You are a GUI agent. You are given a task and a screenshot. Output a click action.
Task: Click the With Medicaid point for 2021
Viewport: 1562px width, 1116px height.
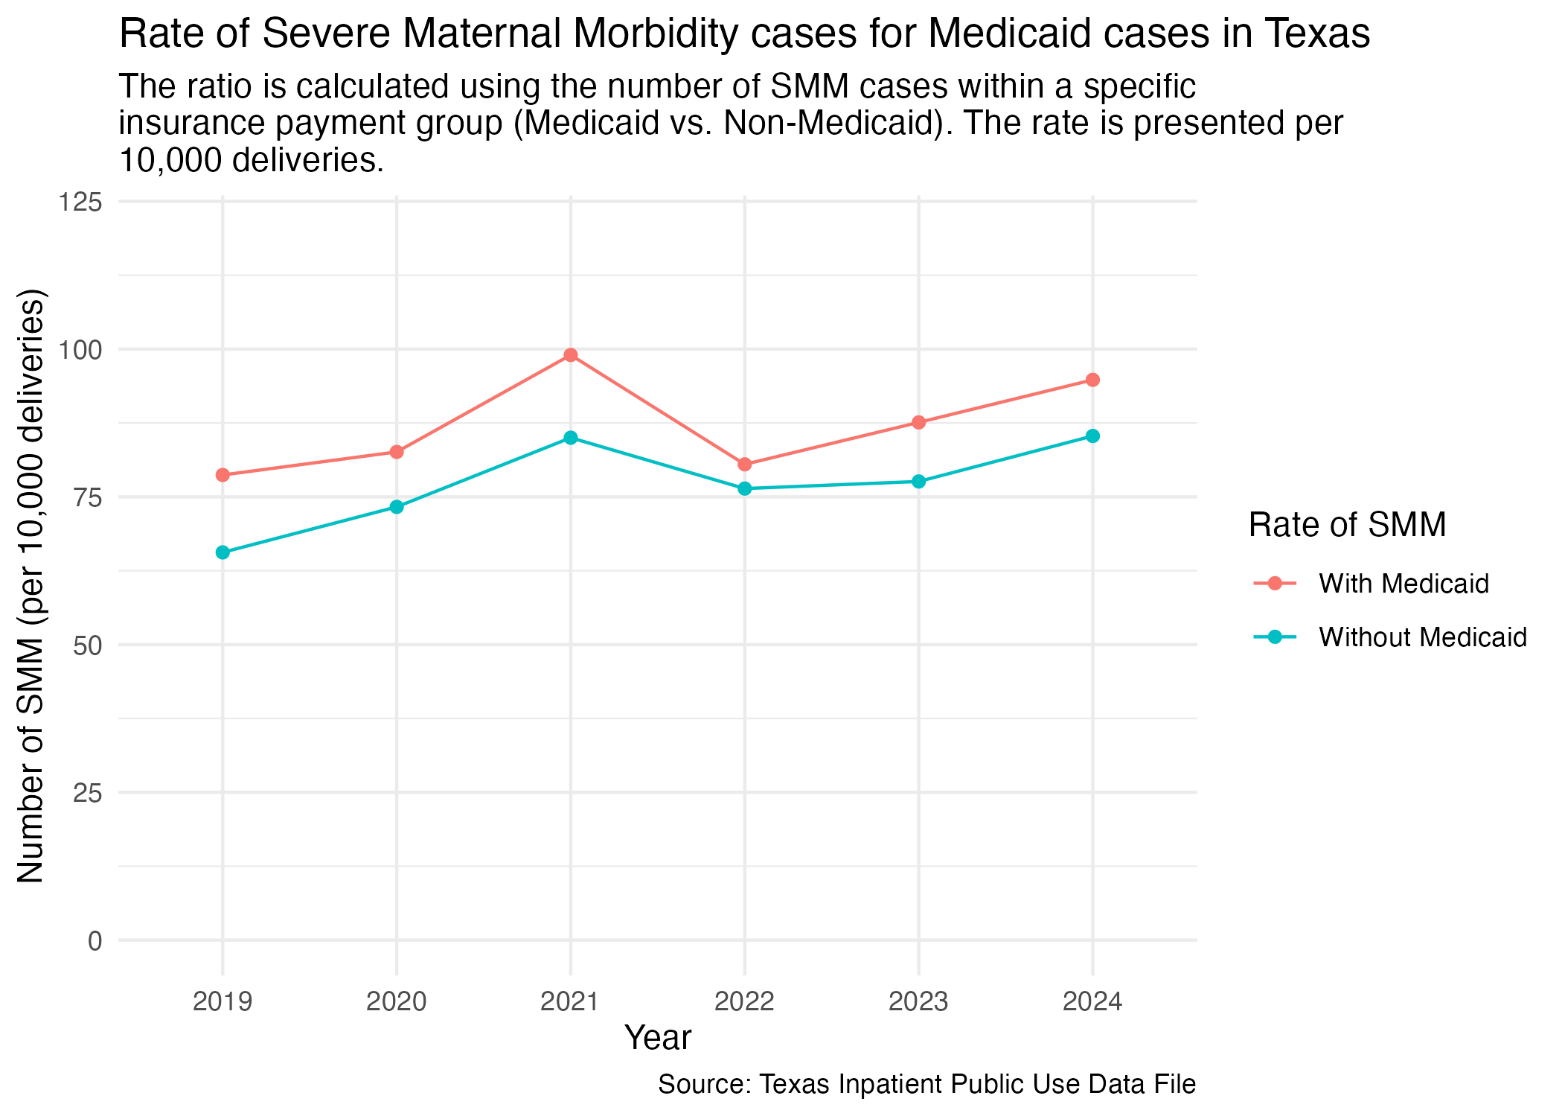point(571,355)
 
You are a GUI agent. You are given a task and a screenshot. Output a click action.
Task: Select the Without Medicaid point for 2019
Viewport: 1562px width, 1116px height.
point(223,552)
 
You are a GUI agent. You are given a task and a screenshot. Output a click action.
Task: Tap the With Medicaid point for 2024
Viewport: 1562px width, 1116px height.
point(1092,380)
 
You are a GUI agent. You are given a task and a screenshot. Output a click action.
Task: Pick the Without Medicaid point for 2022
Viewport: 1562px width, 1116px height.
point(745,488)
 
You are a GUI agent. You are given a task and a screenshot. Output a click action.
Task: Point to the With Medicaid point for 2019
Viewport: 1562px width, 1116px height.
point(223,475)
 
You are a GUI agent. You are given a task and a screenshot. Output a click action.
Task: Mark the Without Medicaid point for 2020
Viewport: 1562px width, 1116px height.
point(397,507)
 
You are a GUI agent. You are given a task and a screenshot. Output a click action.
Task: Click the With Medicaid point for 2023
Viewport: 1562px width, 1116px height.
point(918,422)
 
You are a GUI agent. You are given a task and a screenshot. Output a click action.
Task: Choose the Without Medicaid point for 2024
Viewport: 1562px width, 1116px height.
point(1092,436)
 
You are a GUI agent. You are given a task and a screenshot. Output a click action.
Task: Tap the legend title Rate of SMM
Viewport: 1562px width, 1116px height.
point(1347,525)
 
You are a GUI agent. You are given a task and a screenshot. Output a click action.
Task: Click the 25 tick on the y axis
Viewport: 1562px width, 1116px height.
point(87,793)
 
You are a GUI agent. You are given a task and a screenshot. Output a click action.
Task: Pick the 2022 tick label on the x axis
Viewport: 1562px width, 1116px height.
point(745,1002)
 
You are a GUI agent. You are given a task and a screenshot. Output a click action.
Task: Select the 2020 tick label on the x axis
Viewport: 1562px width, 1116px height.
point(397,1002)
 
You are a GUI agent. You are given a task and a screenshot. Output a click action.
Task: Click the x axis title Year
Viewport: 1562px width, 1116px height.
point(658,1038)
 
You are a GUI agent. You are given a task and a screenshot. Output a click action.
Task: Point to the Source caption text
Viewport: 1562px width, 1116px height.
point(926,1084)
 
